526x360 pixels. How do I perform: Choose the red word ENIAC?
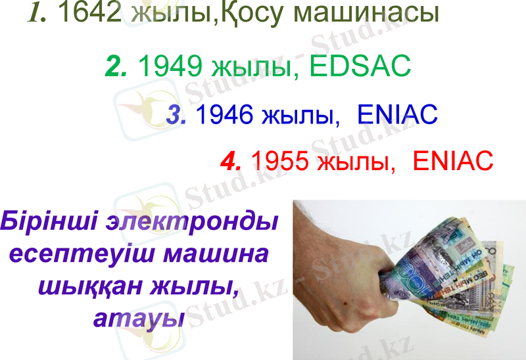click(x=453, y=160)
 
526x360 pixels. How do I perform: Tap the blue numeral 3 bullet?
click(x=176, y=116)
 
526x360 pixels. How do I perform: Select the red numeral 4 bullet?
click(x=231, y=160)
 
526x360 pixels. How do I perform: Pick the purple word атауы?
click(x=138, y=319)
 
